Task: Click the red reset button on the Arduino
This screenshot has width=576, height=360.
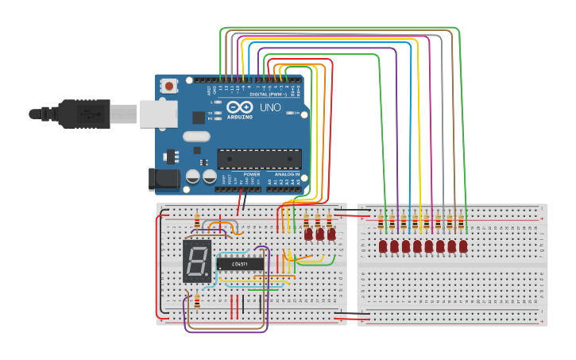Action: (169, 85)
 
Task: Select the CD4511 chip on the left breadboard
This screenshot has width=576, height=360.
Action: (239, 263)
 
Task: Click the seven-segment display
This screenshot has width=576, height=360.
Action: (197, 261)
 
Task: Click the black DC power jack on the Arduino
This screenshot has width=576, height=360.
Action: (164, 180)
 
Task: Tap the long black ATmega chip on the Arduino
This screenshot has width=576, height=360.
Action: (259, 159)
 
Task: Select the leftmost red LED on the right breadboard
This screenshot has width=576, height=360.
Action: (383, 247)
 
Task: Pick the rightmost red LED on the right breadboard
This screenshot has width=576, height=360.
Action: (463, 247)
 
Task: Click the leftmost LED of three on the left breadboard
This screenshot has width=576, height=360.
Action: (308, 234)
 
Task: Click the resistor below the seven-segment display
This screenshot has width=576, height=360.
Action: (197, 300)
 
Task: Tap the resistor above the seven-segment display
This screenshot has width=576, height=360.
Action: (197, 220)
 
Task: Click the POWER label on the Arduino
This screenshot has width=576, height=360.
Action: (251, 174)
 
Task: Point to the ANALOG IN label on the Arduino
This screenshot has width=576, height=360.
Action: (287, 174)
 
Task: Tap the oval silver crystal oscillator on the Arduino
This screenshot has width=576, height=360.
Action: (196, 136)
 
